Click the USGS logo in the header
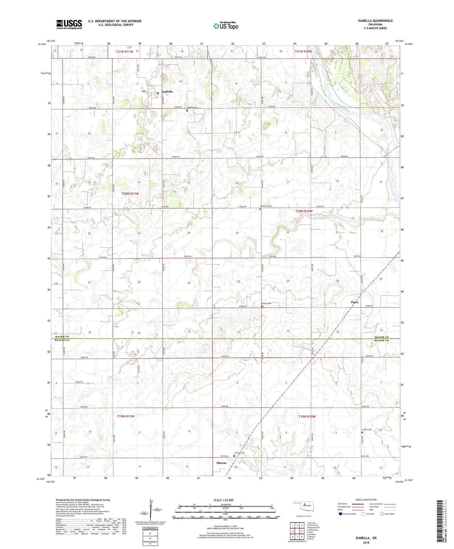pyautogui.click(x=69, y=24)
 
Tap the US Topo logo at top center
pyautogui.click(x=226, y=26)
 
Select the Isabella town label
pyautogui.click(x=167, y=91)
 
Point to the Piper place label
pyautogui.click(x=354, y=302)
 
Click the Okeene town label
pyautogui.click(x=222, y=463)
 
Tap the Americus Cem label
pyautogui.click(x=265, y=206)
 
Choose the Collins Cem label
pyautogui.click(x=367, y=430)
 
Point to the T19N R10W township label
pyautogui.click(x=307, y=416)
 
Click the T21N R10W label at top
pyautogui.click(x=303, y=51)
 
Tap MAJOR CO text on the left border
pyautogui.click(x=62, y=337)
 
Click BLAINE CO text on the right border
pyautogui.click(x=381, y=341)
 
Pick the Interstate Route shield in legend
pyautogui.click(x=341, y=514)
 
